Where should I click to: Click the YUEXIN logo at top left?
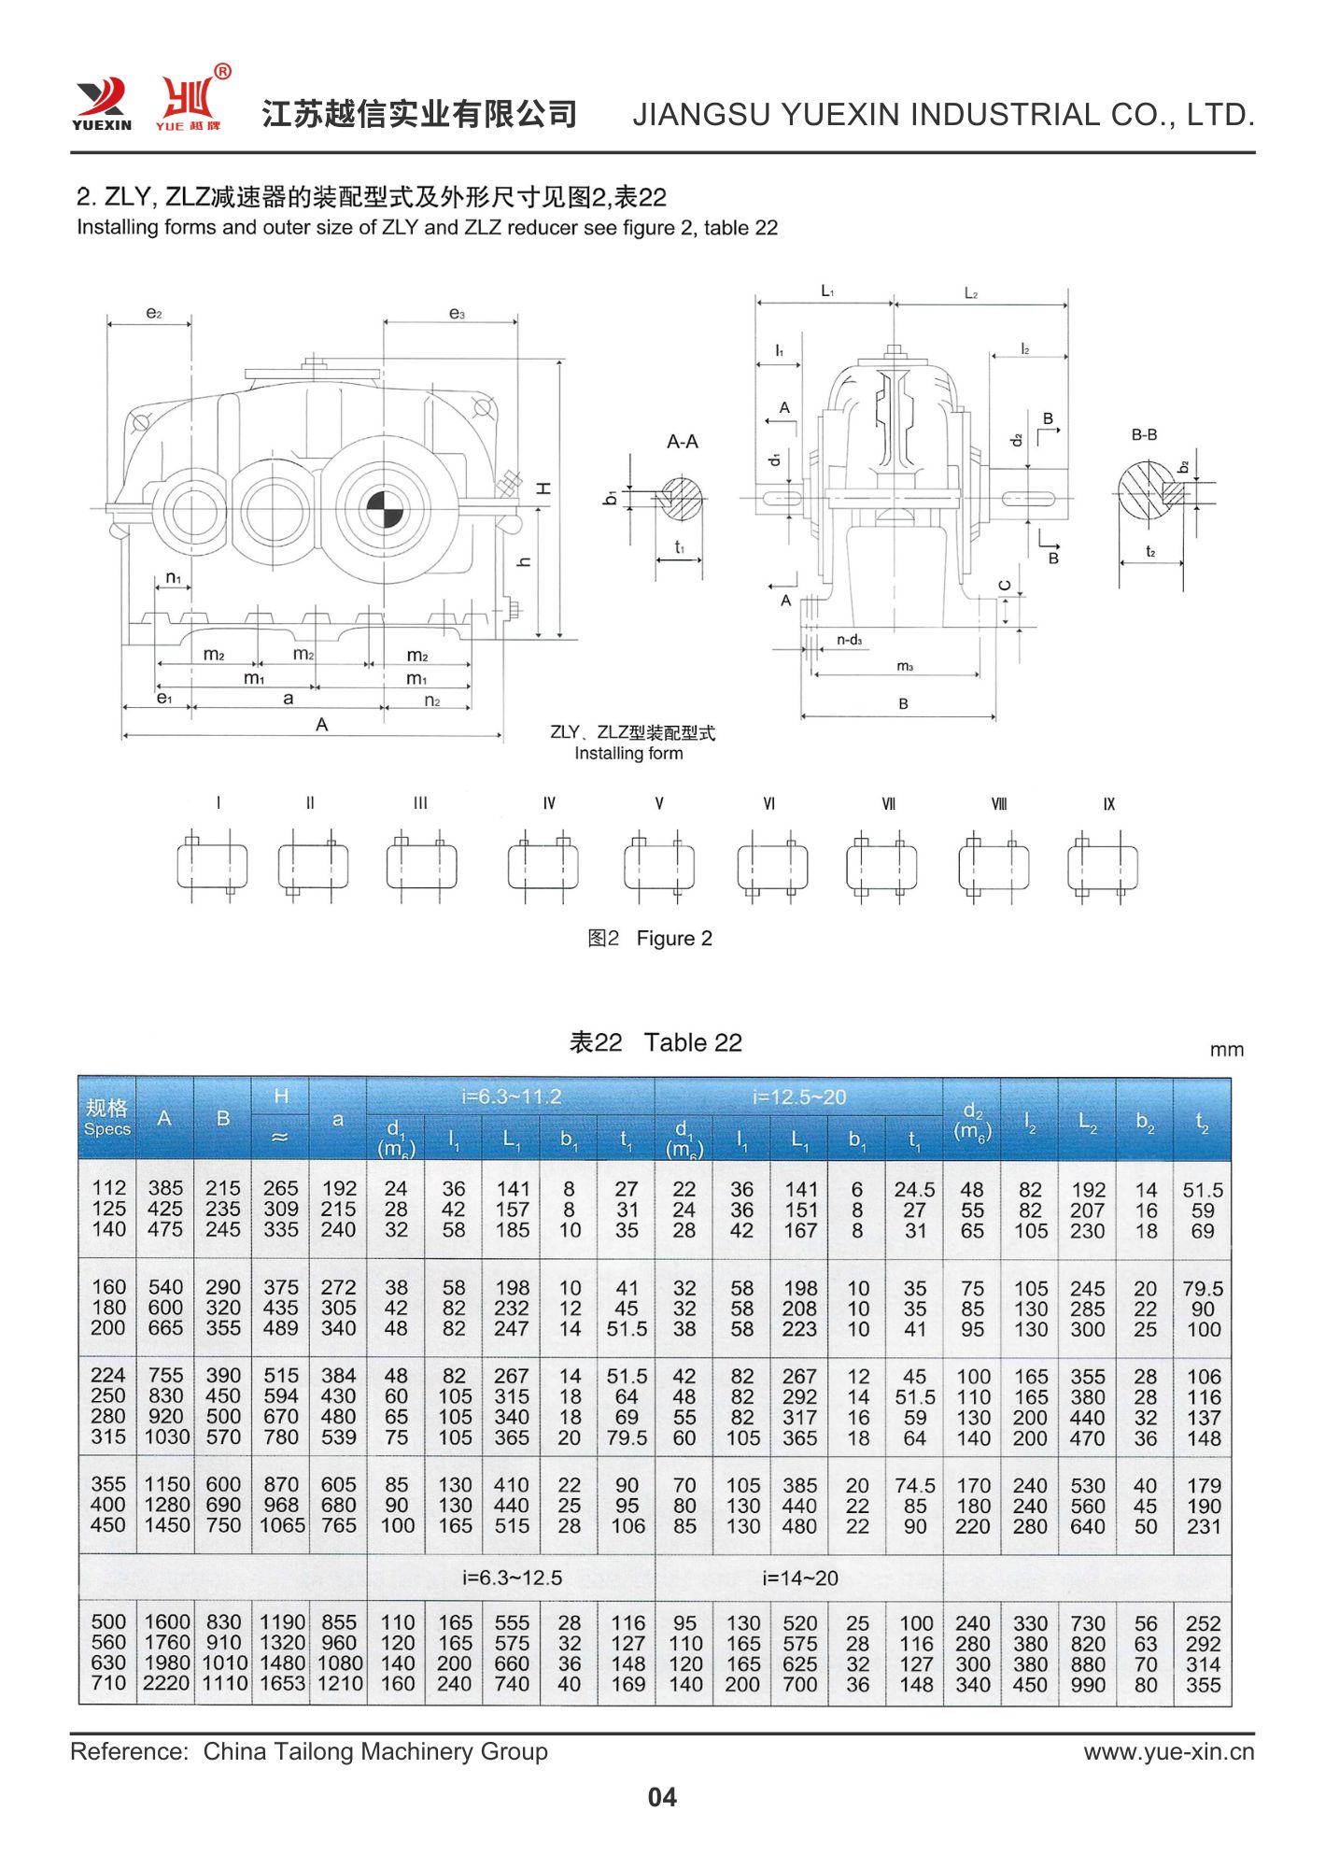tap(102, 104)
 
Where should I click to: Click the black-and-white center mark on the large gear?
tap(383, 509)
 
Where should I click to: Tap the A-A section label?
tap(683, 442)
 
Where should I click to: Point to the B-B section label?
tap(1144, 435)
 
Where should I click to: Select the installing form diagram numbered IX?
tap(1103, 866)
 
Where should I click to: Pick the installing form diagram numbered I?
tap(213, 866)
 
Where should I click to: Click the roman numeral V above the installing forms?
tap(659, 803)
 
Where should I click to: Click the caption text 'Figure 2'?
tap(674, 939)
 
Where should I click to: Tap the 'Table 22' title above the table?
tap(693, 1042)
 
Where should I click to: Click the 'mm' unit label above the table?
tap(1226, 1050)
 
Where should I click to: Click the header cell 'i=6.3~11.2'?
tap(511, 1097)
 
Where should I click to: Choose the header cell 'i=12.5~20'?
tap(799, 1097)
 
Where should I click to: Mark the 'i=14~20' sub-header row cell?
tap(800, 1578)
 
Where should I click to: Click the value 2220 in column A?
tap(165, 1684)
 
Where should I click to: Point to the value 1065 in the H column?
tap(281, 1525)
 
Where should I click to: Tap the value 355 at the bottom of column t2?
tap(1203, 1685)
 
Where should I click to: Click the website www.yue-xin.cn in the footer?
tap(1169, 1752)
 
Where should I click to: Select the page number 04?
tap(662, 1797)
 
